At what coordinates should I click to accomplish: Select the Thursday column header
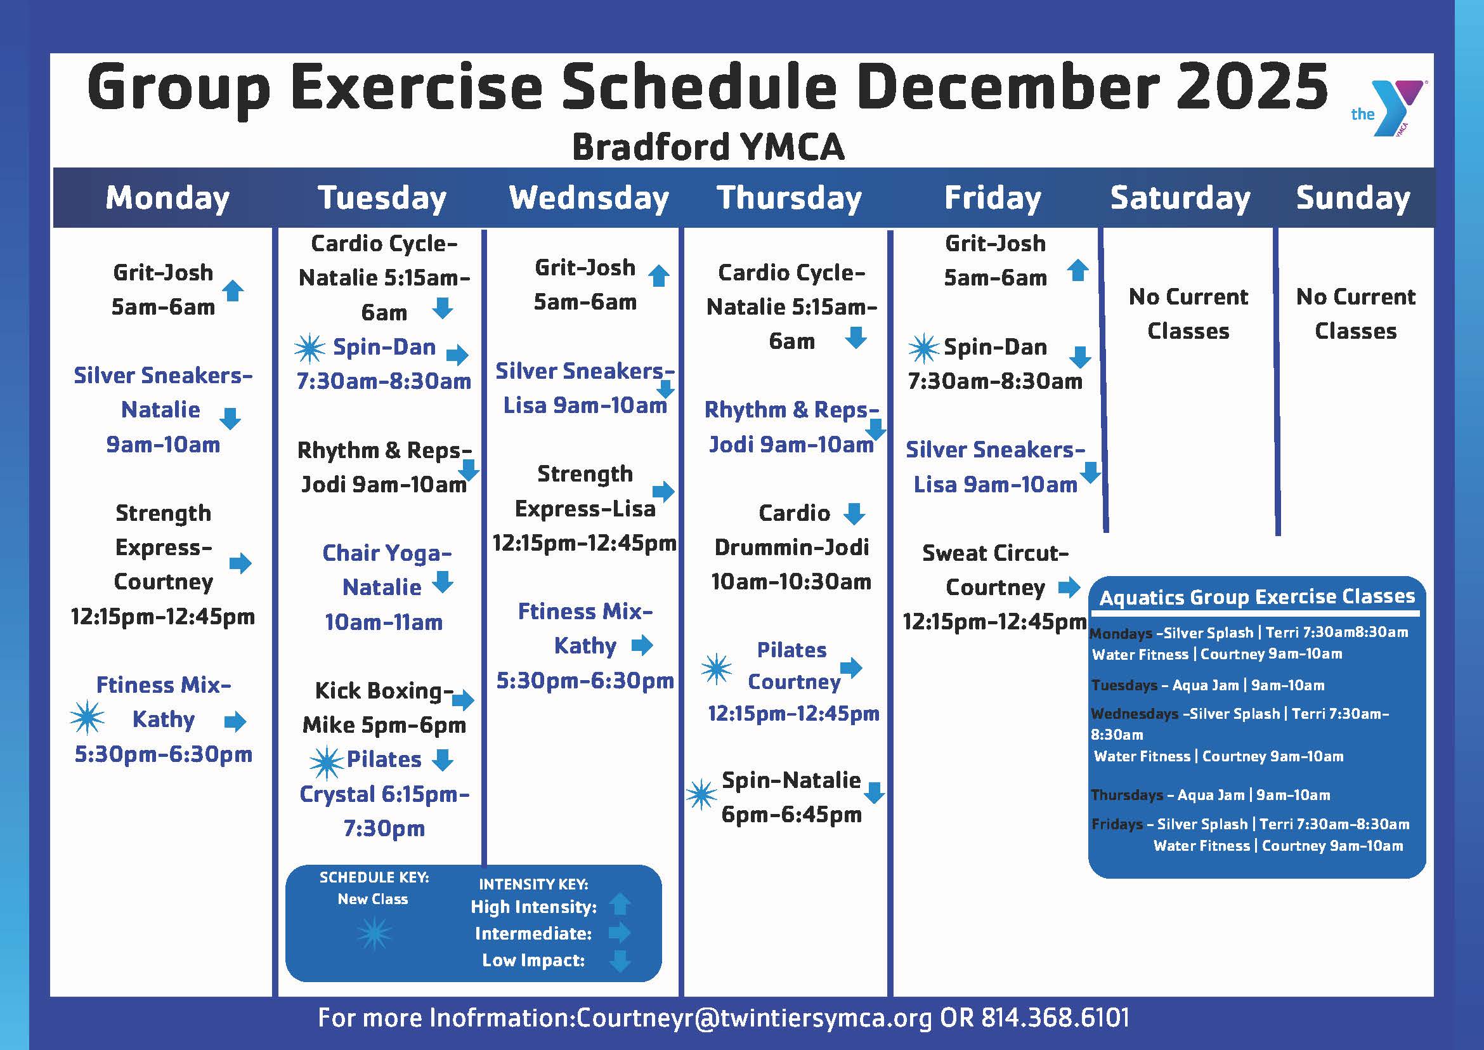tap(789, 198)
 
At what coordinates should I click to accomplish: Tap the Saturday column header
tap(1180, 198)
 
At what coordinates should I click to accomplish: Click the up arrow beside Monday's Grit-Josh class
tap(233, 291)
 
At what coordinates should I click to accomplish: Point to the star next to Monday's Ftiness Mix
tap(87, 718)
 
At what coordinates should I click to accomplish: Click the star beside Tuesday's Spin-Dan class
tap(309, 348)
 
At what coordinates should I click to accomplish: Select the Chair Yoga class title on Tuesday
tap(386, 553)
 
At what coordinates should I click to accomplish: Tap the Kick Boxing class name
tap(384, 690)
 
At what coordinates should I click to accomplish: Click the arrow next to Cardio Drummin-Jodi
tap(854, 514)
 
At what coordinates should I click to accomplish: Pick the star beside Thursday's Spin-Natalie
tap(701, 794)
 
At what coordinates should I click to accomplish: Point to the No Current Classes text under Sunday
tap(1355, 313)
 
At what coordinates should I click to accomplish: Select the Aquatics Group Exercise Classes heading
tap(1257, 597)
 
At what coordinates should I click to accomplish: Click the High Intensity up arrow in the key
tap(620, 905)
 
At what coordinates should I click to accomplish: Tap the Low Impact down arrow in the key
tap(620, 961)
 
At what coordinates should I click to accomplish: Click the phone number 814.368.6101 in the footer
tap(1055, 1018)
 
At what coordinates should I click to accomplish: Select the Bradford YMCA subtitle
tap(708, 147)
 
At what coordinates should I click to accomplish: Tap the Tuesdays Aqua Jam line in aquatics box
tap(1207, 685)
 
